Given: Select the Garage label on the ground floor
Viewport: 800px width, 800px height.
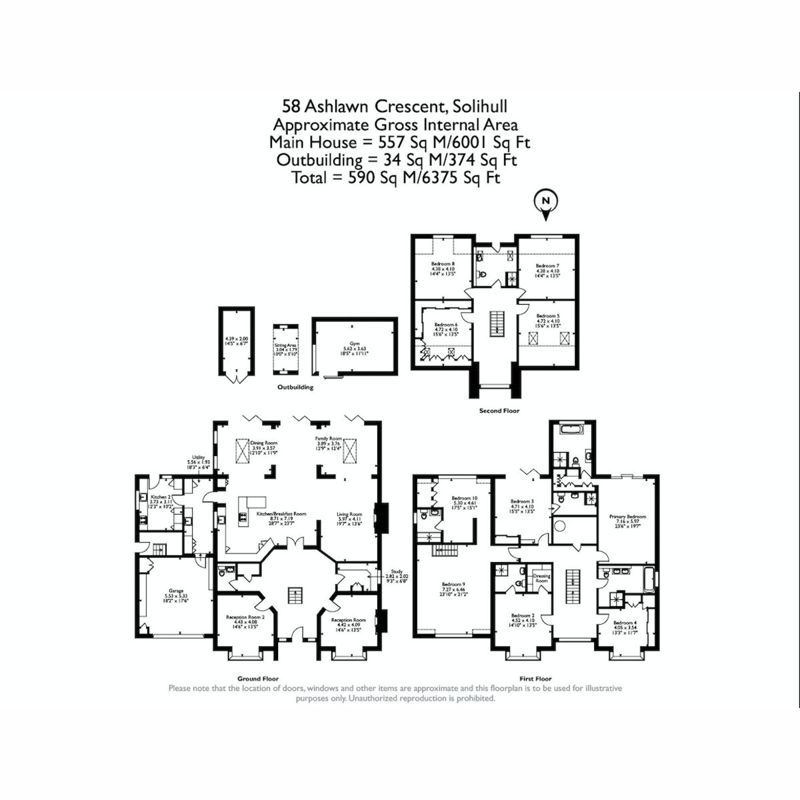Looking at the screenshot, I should pos(176,591).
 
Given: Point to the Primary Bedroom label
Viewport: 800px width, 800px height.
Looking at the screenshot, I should pos(627,516).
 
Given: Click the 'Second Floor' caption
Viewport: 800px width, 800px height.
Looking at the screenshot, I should pos(499,411).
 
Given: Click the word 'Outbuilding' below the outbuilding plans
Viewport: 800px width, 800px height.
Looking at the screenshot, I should pos(295,387).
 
